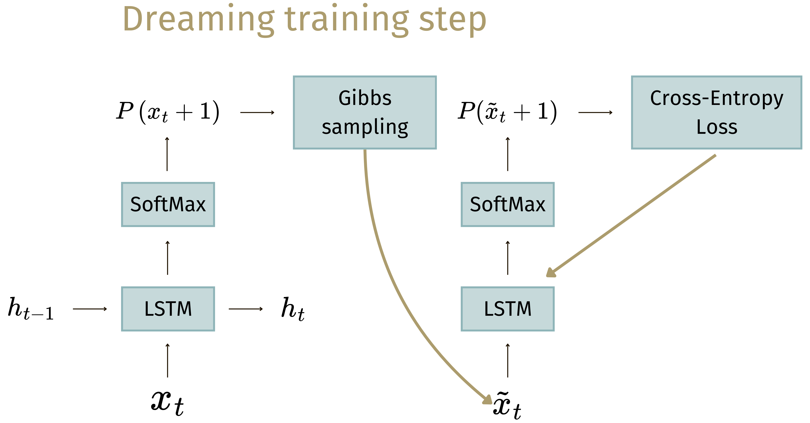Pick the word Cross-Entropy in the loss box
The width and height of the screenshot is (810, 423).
point(716,98)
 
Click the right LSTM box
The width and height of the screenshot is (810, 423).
point(508,309)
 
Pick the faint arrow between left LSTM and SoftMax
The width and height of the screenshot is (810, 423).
point(168,258)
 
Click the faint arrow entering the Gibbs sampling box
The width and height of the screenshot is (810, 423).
point(257,112)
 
